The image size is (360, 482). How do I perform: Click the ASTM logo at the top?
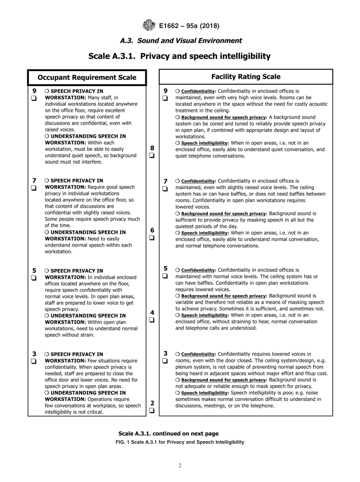coord(149,25)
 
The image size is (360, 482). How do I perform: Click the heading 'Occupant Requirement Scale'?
coord(87,77)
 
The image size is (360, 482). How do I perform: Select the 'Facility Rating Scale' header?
coord(246,77)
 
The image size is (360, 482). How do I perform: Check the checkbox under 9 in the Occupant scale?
coord(34,99)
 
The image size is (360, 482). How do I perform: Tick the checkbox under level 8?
coord(152,155)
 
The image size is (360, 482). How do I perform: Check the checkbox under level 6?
coord(152,238)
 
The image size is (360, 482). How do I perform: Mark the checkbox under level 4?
coord(152,320)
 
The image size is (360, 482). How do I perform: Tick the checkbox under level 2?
coord(152,410)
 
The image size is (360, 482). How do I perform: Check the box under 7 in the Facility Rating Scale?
coord(165,188)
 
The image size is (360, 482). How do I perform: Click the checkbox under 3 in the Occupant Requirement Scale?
coord(34,361)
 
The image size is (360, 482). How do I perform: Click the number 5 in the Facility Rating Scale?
coord(165,269)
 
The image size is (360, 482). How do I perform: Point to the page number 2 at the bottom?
coord(180,466)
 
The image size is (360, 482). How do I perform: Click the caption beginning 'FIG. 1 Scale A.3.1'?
coord(180,442)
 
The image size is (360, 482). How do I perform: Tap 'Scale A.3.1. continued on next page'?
coord(168,433)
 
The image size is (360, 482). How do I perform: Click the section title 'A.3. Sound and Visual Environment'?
coord(181,41)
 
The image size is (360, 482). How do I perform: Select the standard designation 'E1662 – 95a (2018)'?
coord(189,26)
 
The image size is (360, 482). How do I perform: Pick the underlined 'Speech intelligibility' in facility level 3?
coord(205,393)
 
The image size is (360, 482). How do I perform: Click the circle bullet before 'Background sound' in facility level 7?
coord(177,214)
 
